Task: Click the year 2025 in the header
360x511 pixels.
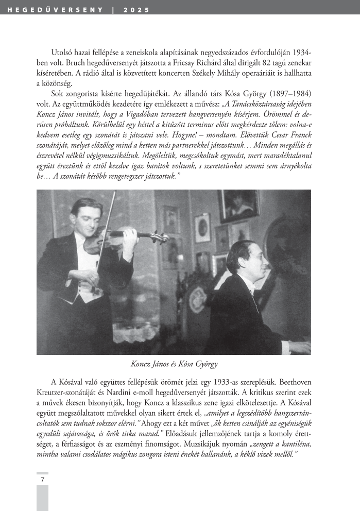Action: tap(140, 10)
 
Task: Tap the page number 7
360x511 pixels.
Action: tap(42, 480)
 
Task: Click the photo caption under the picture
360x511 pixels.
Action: tap(174, 364)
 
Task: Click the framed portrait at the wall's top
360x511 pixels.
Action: tap(237, 205)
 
